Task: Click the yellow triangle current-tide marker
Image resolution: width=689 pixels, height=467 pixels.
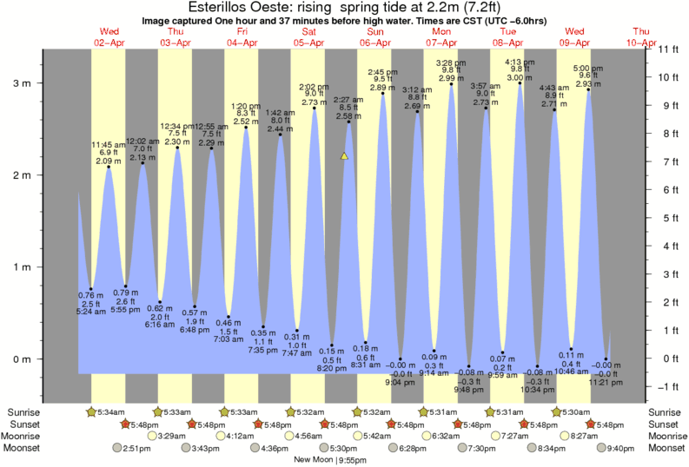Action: pos(344,156)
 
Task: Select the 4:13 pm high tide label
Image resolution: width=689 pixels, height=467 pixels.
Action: pos(520,62)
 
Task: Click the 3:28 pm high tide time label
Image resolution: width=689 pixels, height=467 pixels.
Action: pos(452,62)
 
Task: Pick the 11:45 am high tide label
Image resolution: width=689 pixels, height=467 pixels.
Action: pos(109,144)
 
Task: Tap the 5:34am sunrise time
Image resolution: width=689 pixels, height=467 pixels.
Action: pos(109,411)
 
